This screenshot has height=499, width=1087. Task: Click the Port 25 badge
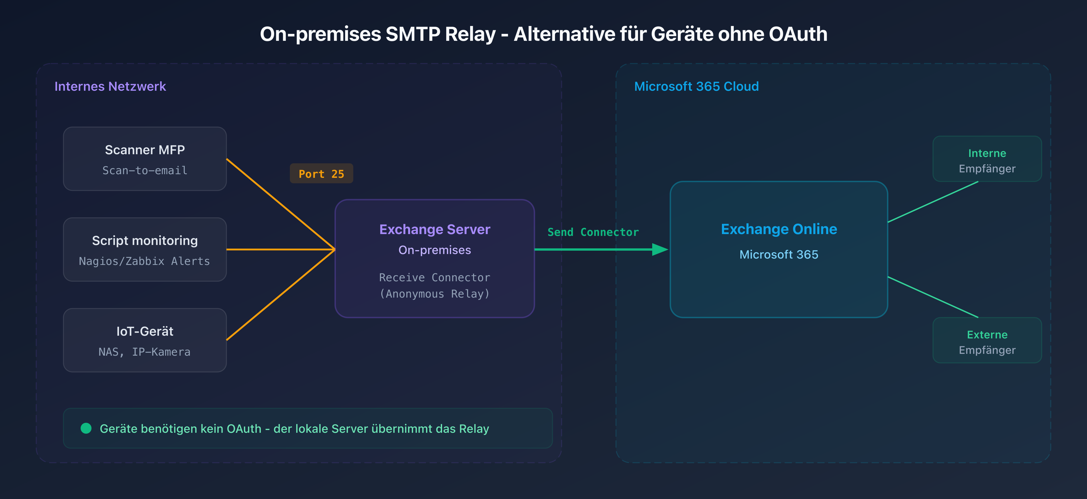tap(321, 174)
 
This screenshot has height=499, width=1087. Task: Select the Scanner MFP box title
tap(145, 150)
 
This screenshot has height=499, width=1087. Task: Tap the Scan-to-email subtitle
tap(145, 170)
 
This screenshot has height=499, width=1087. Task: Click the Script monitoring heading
tap(145, 240)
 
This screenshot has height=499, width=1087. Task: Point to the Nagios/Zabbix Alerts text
tap(144, 261)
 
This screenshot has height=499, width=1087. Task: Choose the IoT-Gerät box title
tap(145, 331)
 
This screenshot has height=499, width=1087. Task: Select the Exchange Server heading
tap(434, 230)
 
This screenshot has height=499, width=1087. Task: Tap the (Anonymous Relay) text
tap(434, 294)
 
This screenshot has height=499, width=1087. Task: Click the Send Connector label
tap(593, 232)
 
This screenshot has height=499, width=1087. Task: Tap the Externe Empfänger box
tap(987, 341)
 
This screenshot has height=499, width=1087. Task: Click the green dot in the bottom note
tap(86, 429)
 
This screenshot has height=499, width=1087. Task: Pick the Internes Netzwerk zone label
tap(110, 86)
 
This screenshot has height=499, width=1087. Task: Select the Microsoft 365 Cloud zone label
tap(696, 86)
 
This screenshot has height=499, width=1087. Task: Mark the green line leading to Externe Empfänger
tap(933, 297)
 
